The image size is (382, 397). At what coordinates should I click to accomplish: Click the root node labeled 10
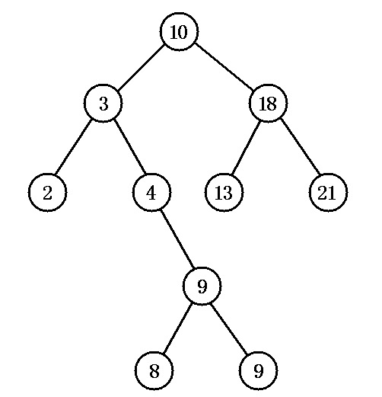click(x=179, y=31)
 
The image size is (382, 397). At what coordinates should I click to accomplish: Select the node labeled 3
click(x=103, y=103)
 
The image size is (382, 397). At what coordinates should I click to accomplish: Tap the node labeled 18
click(x=269, y=103)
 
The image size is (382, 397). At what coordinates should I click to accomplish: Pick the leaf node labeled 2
click(x=47, y=192)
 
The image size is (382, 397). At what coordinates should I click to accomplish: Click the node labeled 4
click(x=151, y=192)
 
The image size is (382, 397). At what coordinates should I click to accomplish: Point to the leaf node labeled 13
click(x=224, y=192)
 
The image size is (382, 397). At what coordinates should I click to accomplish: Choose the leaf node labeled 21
click(x=328, y=192)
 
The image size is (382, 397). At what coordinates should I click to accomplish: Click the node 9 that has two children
click(x=202, y=286)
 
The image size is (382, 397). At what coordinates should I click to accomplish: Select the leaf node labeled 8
click(x=154, y=370)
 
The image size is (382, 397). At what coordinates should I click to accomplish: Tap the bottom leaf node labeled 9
click(x=258, y=370)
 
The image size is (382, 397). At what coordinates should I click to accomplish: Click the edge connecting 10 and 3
click(x=141, y=68)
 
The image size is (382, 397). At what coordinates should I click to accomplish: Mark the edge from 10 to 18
click(x=224, y=68)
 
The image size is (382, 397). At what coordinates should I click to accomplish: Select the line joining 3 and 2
click(x=73, y=147)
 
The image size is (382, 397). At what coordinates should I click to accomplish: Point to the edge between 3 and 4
click(x=129, y=146)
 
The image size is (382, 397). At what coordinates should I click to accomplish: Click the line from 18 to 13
click(x=247, y=147)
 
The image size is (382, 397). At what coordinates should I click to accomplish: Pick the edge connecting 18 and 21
click(x=300, y=147)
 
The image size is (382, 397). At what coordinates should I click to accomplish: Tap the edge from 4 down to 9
click(x=177, y=239)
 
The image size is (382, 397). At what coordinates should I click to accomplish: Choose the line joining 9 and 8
click(x=177, y=328)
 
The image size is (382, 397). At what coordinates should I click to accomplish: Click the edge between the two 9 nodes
click(x=229, y=328)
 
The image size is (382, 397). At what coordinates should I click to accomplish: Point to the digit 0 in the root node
click(x=183, y=32)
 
